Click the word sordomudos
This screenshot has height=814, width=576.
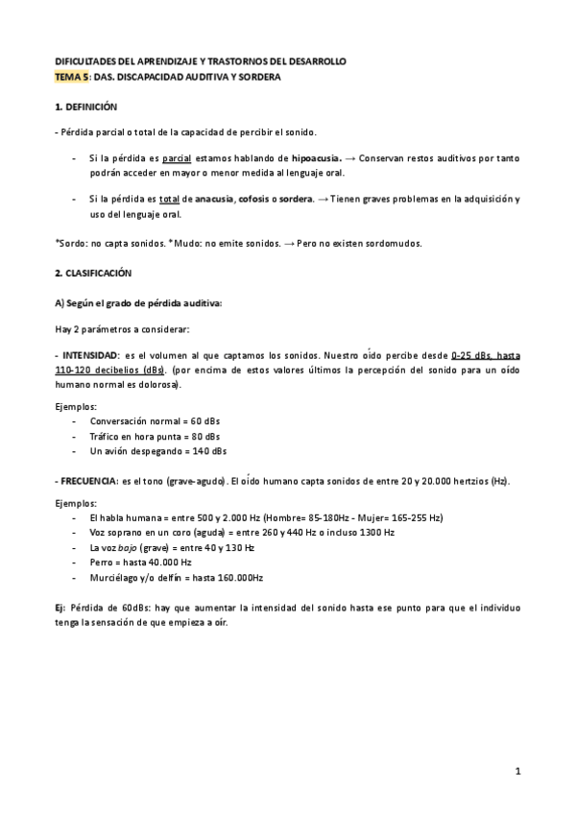pos(393,243)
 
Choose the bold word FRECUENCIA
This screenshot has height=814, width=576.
pos(88,480)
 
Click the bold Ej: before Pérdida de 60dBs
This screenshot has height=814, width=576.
pos(61,607)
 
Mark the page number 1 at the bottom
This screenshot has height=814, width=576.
pos(516,771)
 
